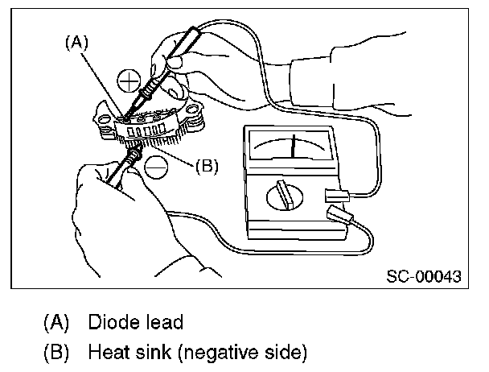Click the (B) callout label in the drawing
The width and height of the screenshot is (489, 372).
point(208,167)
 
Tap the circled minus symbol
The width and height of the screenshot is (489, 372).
point(156,167)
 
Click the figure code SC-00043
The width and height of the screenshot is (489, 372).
point(424,277)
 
